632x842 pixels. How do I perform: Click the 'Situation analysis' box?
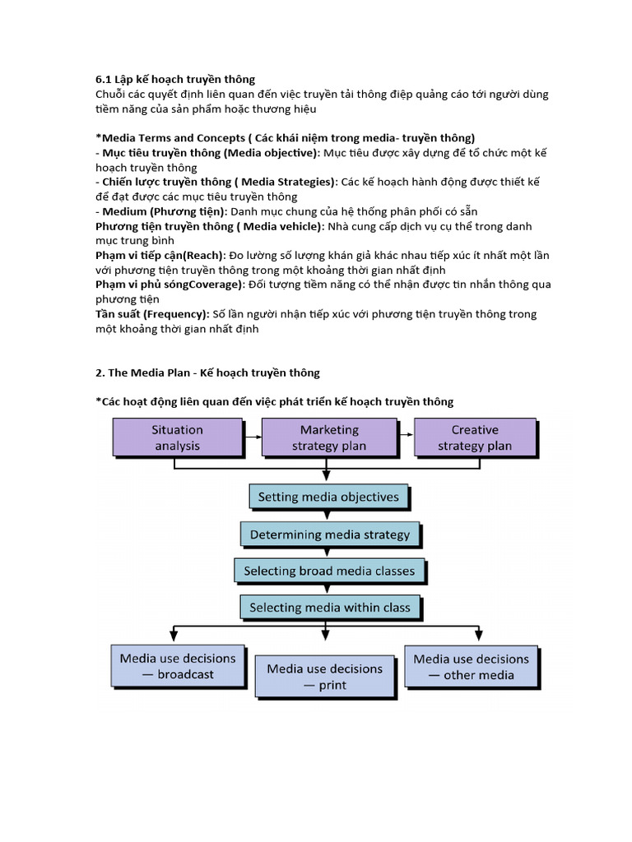177,437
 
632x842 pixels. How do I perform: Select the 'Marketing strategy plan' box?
329,437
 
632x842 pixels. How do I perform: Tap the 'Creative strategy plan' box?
475,437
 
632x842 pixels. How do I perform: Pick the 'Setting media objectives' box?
328,497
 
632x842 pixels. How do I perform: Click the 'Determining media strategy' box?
329,534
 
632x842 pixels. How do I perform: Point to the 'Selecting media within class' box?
329,608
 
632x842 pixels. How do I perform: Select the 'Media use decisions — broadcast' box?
178,666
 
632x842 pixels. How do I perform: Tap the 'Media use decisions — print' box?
324,677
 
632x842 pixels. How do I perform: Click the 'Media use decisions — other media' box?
471,667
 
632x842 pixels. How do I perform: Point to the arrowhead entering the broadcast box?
174,636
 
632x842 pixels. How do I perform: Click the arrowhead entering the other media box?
478,636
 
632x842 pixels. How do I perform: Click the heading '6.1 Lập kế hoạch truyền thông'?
175,79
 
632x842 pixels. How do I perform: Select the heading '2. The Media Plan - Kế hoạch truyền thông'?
207,372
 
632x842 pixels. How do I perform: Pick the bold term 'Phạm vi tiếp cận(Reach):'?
159,256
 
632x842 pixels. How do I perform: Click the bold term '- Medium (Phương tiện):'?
161,211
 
